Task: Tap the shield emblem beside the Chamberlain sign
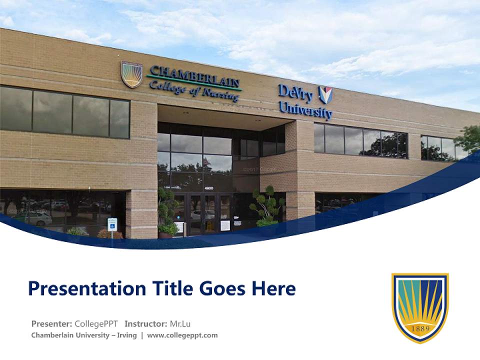point(132,74)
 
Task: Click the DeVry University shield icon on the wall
point(325,94)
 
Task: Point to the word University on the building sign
point(305,110)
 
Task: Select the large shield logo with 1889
point(420,307)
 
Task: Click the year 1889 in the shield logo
point(420,329)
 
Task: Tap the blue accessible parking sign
point(112,224)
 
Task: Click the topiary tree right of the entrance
point(266,205)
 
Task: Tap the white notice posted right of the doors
point(225,225)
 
